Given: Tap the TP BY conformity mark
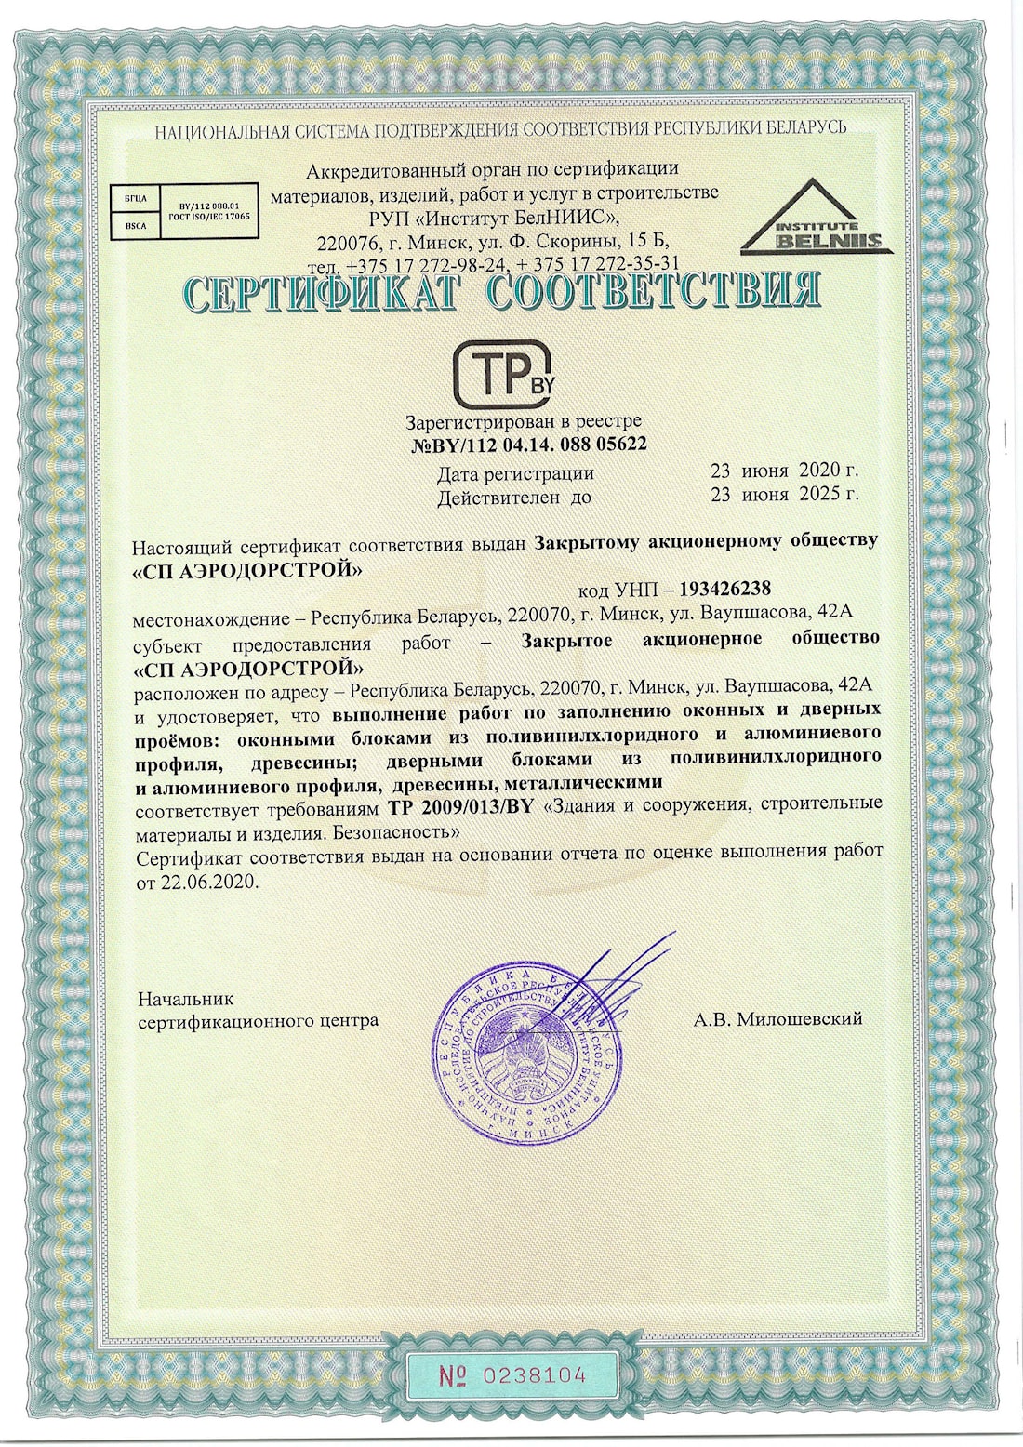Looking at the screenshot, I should (x=503, y=376).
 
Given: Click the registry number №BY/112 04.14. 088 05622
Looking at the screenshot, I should (x=528, y=445).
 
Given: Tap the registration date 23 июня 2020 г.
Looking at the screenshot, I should (x=784, y=471).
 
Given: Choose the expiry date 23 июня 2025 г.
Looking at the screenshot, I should (x=784, y=495).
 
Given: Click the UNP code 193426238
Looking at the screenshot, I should (x=725, y=589).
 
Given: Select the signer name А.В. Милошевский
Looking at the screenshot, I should (x=777, y=1019).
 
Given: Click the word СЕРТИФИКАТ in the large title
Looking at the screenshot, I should (x=322, y=293).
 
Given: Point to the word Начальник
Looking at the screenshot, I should (x=185, y=999).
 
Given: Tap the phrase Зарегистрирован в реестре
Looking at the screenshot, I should (x=524, y=421).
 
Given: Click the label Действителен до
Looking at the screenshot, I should (x=514, y=498).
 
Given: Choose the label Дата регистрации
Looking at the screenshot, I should (x=515, y=473).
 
